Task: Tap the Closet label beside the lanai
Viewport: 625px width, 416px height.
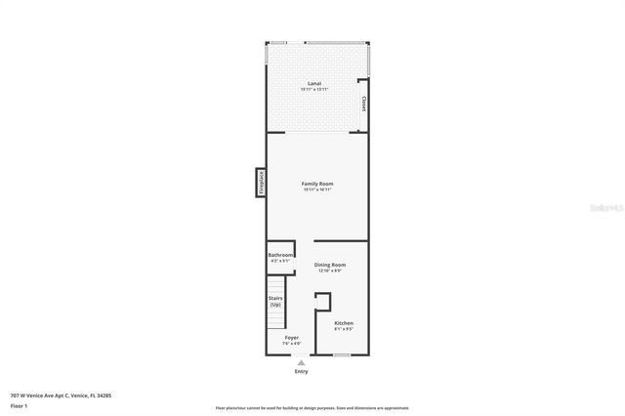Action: [x=364, y=103]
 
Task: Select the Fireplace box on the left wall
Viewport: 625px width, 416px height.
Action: [x=261, y=182]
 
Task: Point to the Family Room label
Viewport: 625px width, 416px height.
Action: [x=317, y=184]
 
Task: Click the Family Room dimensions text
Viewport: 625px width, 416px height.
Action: [x=317, y=190]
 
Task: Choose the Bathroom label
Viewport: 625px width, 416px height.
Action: [x=281, y=255]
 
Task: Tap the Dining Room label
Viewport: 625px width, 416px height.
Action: [x=330, y=265]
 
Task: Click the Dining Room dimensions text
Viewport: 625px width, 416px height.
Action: [x=330, y=270]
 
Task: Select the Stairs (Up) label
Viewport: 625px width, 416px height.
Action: [x=275, y=302]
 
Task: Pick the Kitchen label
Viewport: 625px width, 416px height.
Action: [x=344, y=323]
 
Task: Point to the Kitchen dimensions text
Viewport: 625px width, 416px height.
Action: [x=344, y=329]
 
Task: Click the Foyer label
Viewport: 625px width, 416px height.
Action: [x=291, y=338]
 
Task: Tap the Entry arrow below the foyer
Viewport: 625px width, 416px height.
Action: [x=300, y=362]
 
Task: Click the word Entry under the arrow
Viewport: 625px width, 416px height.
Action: [x=300, y=371]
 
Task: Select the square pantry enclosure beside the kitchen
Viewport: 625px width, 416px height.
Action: [x=322, y=301]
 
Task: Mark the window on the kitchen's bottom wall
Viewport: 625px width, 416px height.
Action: [x=342, y=354]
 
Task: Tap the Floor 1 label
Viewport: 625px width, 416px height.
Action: [x=20, y=405]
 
